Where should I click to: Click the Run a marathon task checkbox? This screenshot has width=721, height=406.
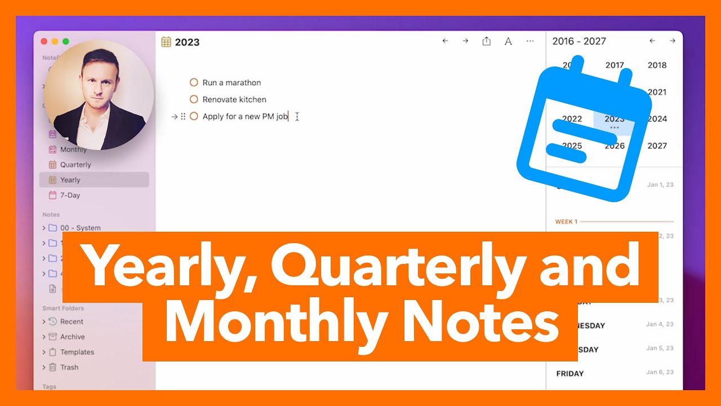click(194, 82)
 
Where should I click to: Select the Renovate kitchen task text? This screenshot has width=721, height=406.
click(234, 100)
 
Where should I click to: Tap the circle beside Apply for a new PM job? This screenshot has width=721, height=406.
click(194, 117)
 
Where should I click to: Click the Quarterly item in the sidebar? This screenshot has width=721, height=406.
click(75, 165)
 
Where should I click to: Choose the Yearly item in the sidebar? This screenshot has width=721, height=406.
click(70, 180)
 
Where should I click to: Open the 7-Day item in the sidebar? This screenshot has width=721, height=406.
click(70, 195)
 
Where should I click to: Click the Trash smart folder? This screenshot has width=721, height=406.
click(69, 367)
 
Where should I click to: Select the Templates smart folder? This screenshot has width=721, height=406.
click(77, 352)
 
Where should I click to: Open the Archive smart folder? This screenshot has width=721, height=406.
click(72, 337)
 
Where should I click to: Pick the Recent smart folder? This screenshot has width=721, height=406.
click(72, 321)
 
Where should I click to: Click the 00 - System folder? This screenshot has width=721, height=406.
click(80, 228)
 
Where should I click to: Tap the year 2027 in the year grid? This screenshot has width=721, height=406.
click(657, 145)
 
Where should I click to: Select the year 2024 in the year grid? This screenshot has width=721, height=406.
click(657, 119)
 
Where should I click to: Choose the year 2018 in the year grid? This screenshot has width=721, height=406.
click(657, 65)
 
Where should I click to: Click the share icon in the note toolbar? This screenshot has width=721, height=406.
click(487, 41)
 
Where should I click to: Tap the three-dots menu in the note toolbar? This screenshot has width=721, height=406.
click(530, 41)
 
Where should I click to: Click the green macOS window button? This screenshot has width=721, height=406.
click(66, 41)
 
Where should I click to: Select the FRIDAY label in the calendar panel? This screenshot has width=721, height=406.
click(570, 373)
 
